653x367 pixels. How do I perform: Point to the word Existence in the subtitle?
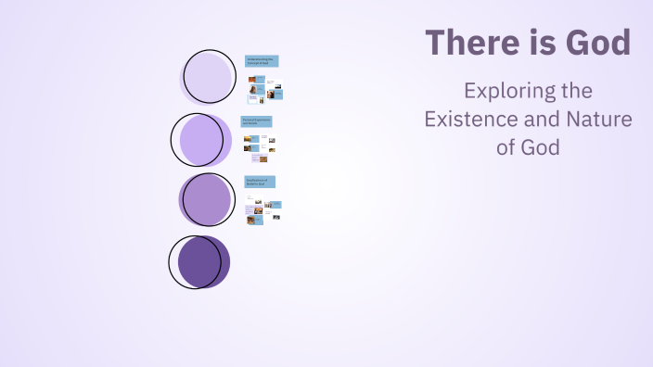click(471, 120)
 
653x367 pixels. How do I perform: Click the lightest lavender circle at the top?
click(208, 77)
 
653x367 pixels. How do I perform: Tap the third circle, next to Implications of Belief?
click(206, 199)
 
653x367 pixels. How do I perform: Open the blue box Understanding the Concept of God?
click(262, 61)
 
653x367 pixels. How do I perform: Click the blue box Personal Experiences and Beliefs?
click(257, 121)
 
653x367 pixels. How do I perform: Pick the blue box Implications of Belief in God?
click(260, 182)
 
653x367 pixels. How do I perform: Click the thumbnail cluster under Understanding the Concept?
click(265, 89)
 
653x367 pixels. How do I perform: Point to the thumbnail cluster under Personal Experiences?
click(260, 144)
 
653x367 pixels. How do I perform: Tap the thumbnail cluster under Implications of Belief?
click(263, 210)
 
